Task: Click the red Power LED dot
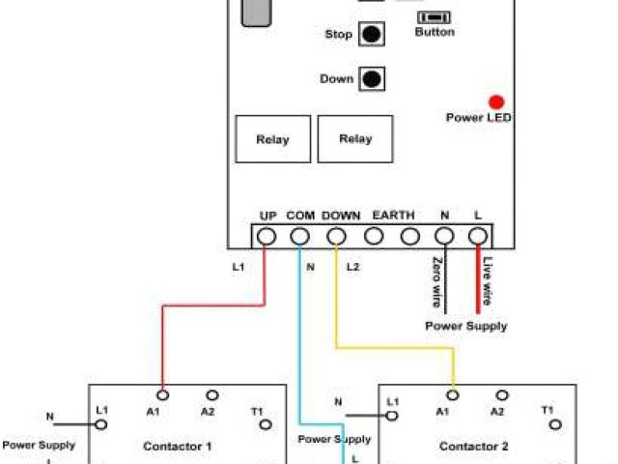(496, 101)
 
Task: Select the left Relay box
(272, 139)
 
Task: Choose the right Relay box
(355, 139)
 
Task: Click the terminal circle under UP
(267, 236)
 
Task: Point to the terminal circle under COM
(300, 236)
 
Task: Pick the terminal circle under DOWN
(337, 236)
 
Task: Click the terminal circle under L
(477, 236)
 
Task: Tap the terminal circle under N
(444, 236)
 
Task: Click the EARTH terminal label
(393, 215)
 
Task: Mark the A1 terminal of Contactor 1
(163, 394)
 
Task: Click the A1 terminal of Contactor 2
(453, 394)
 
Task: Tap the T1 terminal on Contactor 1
(265, 425)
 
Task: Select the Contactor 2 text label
(473, 447)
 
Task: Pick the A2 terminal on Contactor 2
(501, 394)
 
